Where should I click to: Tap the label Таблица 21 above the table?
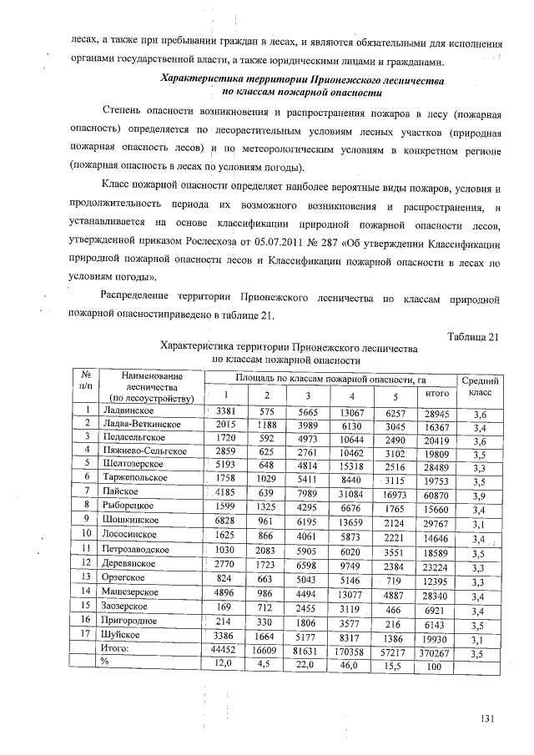click(x=473, y=336)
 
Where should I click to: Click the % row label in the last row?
click(x=106, y=663)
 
